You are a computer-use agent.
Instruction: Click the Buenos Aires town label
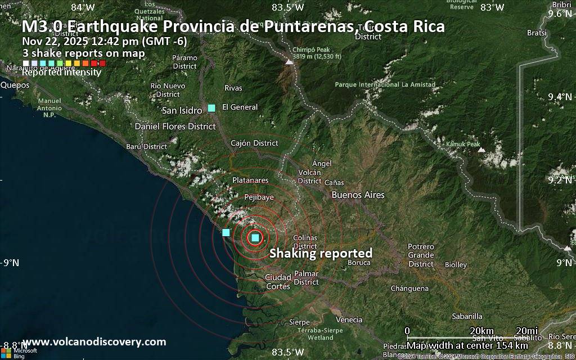tap(358, 195)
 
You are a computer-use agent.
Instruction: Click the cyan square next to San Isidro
tap(211, 108)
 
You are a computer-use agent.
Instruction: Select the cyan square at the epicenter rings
tap(255, 237)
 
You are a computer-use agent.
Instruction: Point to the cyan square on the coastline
tap(226, 232)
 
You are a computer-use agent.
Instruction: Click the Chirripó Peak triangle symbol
tap(289, 62)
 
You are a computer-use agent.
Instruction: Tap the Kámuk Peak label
tap(463, 145)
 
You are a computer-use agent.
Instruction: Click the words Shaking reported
tap(321, 254)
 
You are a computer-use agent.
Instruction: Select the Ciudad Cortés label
tap(277, 281)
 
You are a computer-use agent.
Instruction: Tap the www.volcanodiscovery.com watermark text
tap(94, 342)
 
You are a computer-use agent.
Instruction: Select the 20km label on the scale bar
tap(481, 330)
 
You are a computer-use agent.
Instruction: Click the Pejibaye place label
tap(259, 197)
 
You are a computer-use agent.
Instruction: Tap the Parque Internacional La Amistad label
tap(385, 85)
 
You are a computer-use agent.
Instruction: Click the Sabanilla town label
tap(467, 316)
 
